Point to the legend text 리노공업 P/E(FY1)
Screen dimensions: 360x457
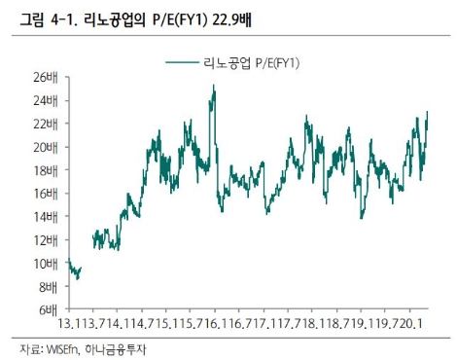251,62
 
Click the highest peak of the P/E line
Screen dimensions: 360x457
213,86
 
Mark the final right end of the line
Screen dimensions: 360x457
428,112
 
